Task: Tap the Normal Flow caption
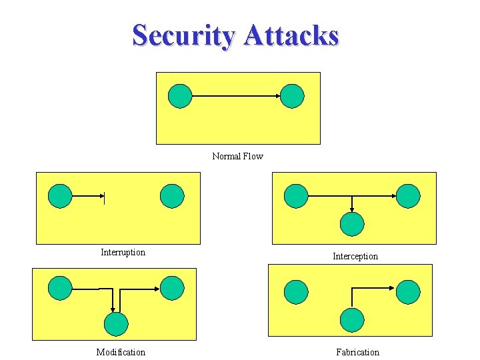[237, 156]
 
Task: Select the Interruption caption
[123, 252]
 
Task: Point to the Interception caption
[355, 256]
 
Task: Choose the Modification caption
[121, 352]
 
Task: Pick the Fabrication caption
[357, 352]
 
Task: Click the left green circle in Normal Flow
[180, 96]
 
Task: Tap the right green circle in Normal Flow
[292, 96]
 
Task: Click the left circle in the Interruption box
[60, 196]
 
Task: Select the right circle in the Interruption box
[172, 196]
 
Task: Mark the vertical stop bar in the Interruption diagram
[104, 197]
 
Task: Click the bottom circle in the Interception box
[352, 224]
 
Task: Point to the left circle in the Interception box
[296, 196]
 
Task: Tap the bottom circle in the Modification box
[116, 324]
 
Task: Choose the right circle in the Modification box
[172, 288]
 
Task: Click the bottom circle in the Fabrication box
[352, 320]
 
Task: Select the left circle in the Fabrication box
[296, 292]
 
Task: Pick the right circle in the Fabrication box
[408, 292]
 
